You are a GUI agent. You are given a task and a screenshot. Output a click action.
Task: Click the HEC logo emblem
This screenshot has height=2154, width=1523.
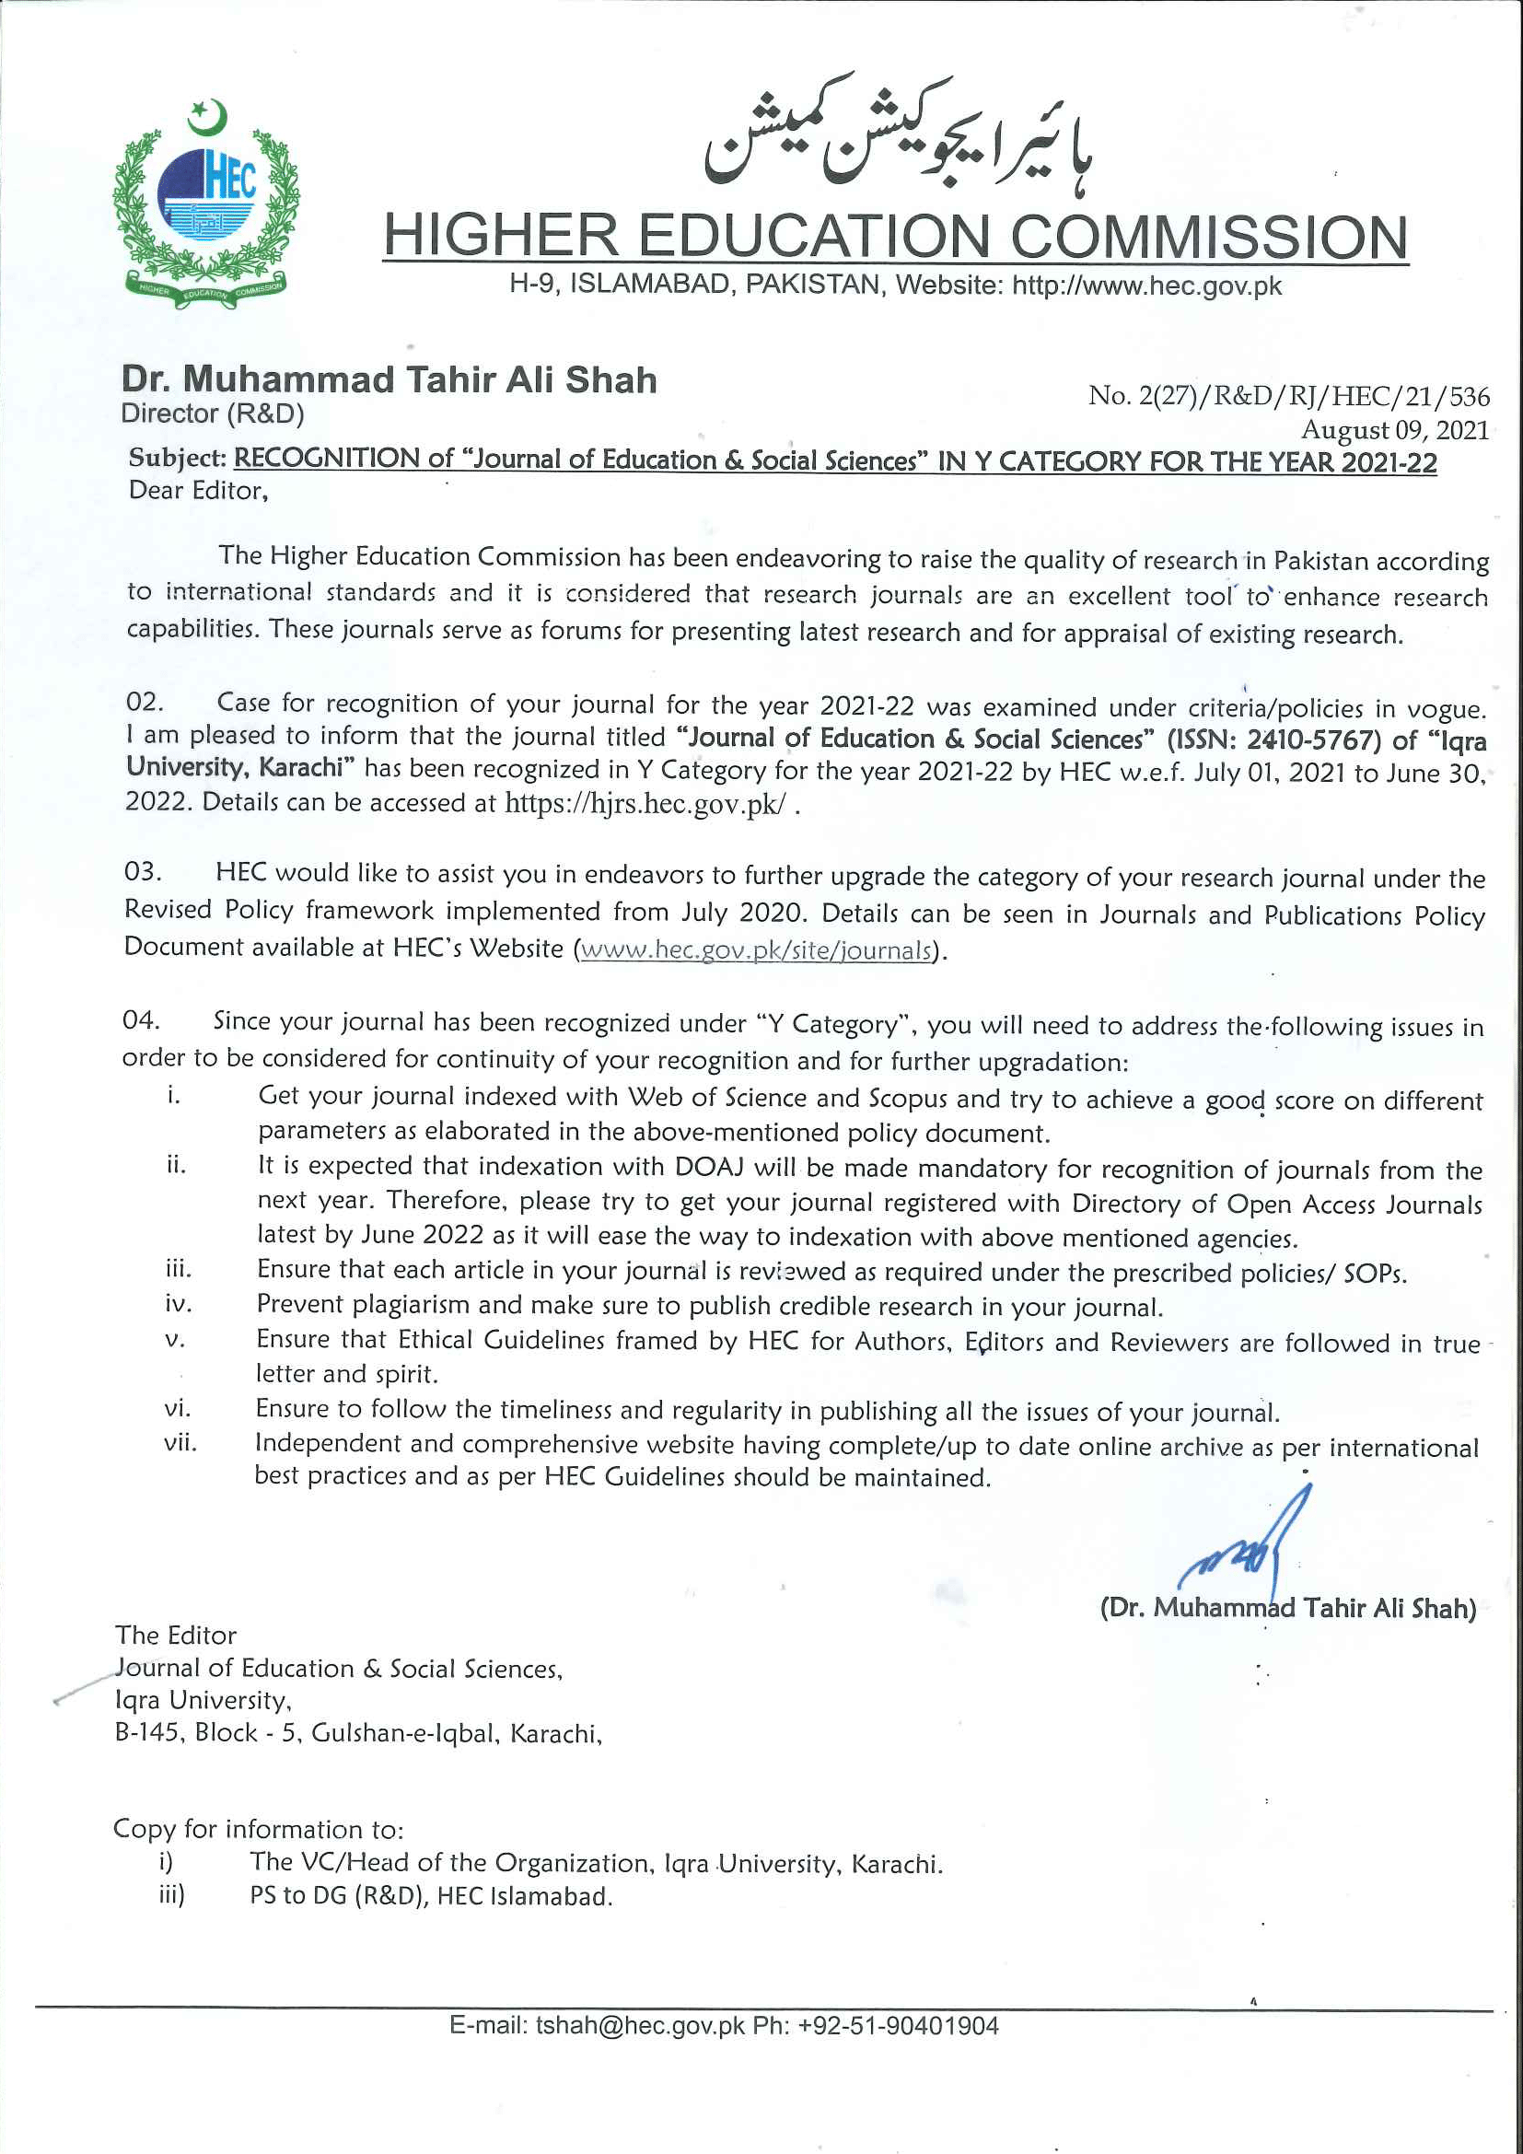(205, 202)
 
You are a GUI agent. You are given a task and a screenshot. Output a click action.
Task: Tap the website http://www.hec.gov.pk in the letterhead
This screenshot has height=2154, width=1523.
(1146, 285)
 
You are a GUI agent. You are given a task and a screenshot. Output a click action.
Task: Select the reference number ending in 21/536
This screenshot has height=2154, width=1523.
(1287, 396)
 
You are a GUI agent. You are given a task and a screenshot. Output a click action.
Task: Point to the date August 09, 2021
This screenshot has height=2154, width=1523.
(1393, 430)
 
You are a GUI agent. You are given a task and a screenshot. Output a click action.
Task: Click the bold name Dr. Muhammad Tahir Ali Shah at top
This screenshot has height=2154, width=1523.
(389, 379)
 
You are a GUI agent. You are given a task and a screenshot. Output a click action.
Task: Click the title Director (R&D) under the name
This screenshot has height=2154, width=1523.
(212, 413)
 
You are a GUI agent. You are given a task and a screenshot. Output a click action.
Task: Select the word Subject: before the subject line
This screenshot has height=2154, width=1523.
(177, 458)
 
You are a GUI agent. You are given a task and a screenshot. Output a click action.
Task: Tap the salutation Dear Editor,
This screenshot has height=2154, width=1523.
(198, 491)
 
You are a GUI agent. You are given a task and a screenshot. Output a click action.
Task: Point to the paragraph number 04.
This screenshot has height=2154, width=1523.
(141, 1019)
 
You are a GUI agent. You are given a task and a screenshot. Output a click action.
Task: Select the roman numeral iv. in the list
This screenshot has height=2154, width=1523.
(177, 1304)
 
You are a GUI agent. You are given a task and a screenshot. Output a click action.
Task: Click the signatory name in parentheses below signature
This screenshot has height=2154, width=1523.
(1287, 1608)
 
